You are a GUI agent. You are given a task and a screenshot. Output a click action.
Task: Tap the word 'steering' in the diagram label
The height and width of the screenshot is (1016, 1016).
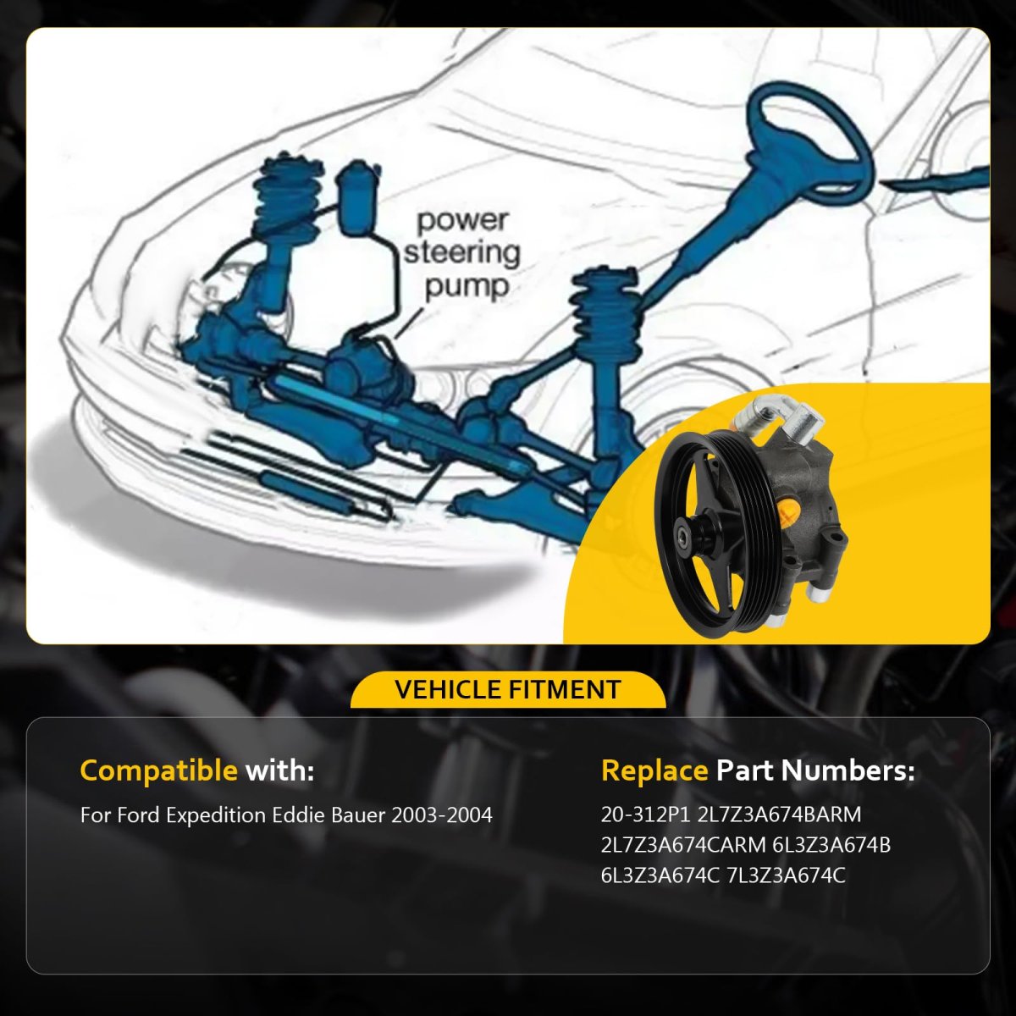point(462,254)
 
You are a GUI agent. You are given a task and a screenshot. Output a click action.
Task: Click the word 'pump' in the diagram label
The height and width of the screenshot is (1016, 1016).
point(467,287)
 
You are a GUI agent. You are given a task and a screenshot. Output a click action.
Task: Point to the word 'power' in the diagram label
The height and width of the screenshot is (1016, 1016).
point(463,221)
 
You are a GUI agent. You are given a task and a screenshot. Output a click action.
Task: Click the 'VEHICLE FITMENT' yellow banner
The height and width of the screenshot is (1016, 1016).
point(508,690)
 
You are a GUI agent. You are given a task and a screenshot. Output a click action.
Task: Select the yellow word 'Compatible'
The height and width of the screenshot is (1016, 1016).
point(158,770)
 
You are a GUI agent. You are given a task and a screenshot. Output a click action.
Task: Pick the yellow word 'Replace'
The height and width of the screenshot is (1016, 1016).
point(654,770)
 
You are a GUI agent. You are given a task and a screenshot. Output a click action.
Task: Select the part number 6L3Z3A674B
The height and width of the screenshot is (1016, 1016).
point(831,846)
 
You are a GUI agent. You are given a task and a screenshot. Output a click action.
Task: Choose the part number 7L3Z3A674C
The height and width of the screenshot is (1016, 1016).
point(786,876)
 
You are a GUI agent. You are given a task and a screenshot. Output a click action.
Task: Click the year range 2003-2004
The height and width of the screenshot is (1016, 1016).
point(441,815)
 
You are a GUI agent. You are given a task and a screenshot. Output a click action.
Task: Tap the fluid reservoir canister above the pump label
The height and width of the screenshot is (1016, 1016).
point(358,196)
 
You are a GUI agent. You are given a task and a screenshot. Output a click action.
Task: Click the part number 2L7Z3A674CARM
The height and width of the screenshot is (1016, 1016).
point(682,846)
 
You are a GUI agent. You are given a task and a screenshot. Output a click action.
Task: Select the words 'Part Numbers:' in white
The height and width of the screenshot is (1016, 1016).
point(815,770)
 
